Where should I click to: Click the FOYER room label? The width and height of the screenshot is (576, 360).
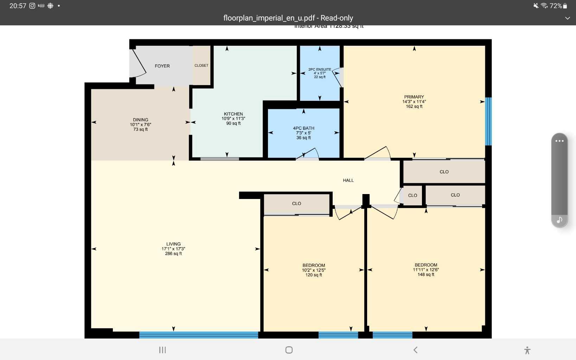tap(162, 66)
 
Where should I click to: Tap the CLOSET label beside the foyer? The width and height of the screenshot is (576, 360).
tap(201, 65)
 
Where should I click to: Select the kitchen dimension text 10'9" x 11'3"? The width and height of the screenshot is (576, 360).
tap(233, 119)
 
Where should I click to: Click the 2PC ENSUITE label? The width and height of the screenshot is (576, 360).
tap(320, 70)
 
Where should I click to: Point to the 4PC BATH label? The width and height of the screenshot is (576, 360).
tap(303, 128)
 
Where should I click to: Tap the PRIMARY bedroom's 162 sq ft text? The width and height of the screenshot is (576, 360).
tap(414, 107)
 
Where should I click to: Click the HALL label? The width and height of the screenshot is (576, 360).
tap(348, 180)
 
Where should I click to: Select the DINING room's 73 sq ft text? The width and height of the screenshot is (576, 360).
tap(140, 129)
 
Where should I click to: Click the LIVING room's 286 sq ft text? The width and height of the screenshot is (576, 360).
tap(173, 253)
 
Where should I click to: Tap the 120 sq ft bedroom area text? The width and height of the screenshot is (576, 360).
tap(314, 275)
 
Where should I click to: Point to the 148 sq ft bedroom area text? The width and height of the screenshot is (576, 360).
tap(426, 275)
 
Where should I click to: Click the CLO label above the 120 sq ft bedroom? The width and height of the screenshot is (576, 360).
tap(296, 204)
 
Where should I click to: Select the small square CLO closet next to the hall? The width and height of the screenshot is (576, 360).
tap(412, 195)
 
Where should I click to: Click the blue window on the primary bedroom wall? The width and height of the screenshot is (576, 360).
tap(488, 121)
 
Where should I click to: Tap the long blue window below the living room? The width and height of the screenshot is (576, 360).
tap(199, 335)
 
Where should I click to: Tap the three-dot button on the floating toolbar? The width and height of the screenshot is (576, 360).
tap(559, 141)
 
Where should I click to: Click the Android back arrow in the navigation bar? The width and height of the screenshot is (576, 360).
tap(415, 350)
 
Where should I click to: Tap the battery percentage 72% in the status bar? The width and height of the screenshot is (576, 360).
tap(556, 6)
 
